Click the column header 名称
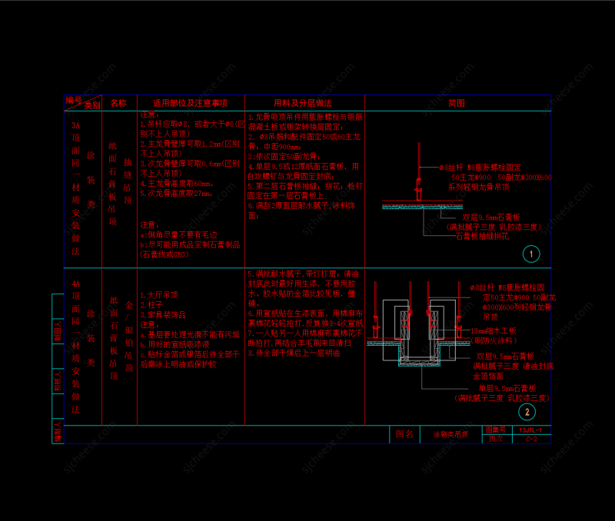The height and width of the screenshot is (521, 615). click(x=118, y=103)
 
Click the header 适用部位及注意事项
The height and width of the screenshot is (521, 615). click(x=190, y=103)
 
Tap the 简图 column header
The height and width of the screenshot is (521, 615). click(x=457, y=103)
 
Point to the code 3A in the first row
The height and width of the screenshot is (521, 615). click(x=75, y=125)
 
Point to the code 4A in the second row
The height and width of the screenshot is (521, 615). click(x=75, y=284)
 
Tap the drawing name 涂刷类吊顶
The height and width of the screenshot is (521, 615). click(x=450, y=435)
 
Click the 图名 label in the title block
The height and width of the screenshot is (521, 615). click(x=404, y=435)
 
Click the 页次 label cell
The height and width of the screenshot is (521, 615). click(x=495, y=439)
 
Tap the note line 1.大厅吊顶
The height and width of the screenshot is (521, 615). click(x=158, y=294)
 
